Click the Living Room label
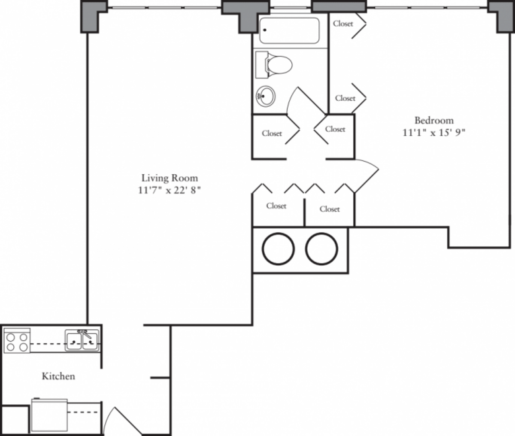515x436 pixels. pos(170,178)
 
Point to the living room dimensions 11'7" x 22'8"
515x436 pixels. pos(170,190)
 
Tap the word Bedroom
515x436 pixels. pos(433,120)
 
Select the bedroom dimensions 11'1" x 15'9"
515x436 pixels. pos(433,133)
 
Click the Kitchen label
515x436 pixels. pos(58,376)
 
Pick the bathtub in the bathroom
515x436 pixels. pos(290,30)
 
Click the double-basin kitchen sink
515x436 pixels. pos(82,341)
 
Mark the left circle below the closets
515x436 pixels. pos(278,248)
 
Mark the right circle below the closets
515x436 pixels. pos(321,248)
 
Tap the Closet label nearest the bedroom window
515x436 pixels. pos(343,24)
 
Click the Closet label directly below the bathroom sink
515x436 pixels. pos(272,133)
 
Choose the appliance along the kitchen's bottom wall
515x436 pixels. pos(49,415)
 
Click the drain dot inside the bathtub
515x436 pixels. pos(265,30)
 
